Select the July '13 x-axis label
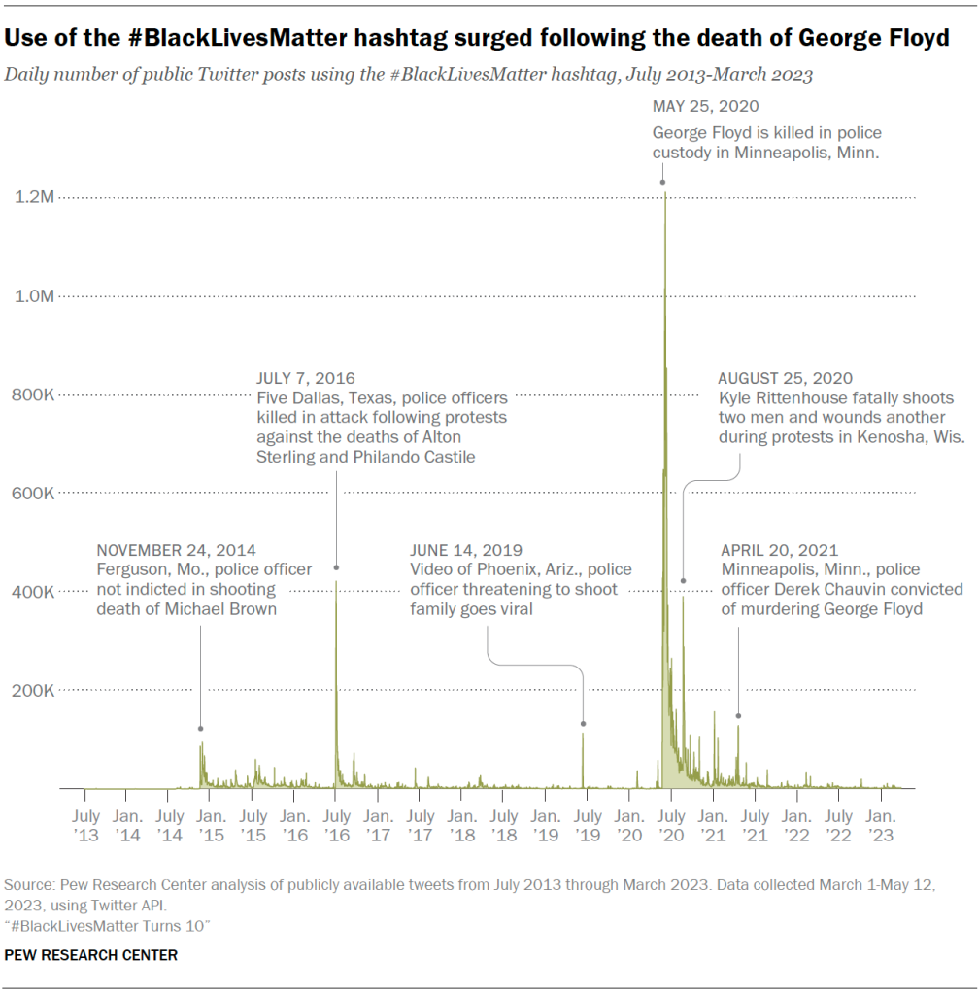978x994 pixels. point(86,826)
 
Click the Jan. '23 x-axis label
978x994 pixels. point(881,826)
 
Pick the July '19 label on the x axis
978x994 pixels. point(588,826)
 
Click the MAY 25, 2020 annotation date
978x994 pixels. point(705,107)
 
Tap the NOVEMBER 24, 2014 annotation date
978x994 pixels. point(176,550)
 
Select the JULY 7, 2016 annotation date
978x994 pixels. point(306,378)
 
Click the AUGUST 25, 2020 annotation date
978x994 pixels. point(785,378)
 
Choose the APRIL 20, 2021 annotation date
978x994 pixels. point(779,550)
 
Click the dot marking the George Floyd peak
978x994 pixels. point(663,182)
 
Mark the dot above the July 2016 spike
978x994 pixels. point(336,567)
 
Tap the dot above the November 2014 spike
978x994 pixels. point(201,728)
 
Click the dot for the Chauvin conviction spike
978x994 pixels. point(738,716)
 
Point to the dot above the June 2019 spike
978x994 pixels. point(583,724)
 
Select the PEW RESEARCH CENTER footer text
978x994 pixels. point(91,955)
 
